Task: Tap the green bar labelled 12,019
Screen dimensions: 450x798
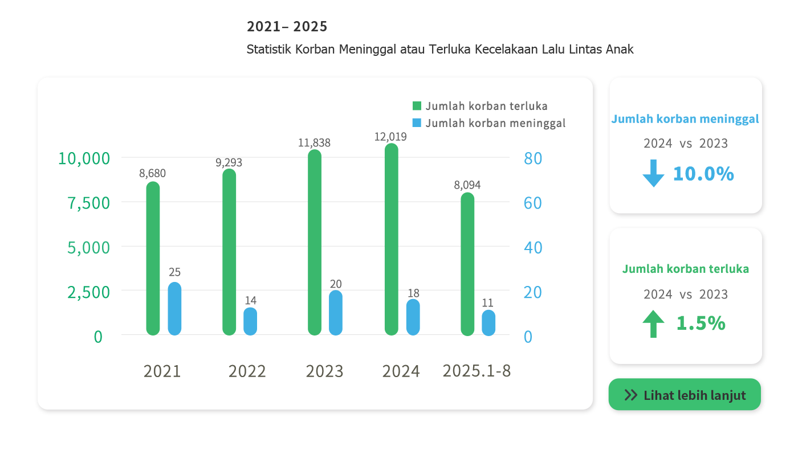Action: (x=392, y=239)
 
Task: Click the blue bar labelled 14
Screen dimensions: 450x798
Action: (x=250, y=321)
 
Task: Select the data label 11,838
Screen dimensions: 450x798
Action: (x=314, y=143)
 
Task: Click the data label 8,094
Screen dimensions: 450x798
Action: (x=467, y=185)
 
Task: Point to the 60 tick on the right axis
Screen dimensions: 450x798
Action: (x=532, y=203)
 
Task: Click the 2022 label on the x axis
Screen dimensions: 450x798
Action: (x=247, y=371)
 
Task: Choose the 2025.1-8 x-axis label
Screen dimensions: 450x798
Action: (x=477, y=371)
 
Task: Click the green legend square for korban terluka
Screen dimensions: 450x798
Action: (x=417, y=106)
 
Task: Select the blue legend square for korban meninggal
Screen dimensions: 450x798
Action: (x=417, y=122)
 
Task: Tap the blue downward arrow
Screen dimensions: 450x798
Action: (x=653, y=173)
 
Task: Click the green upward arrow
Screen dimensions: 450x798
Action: (x=653, y=324)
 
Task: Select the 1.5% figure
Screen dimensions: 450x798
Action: (x=701, y=324)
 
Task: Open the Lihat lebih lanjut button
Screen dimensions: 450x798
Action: (x=685, y=395)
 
